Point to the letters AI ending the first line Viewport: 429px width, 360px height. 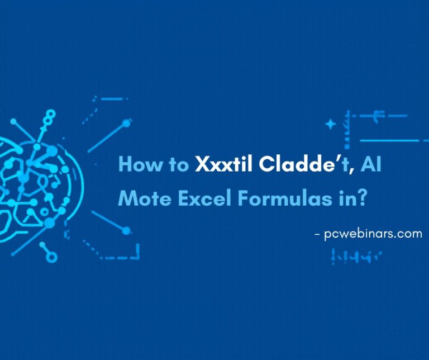click(370, 165)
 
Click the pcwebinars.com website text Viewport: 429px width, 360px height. click(373, 234)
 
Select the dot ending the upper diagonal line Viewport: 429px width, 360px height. click(127, 122)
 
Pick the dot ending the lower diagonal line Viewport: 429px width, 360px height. click(127, 230)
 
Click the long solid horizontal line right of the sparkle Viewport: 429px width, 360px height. click(389, 140)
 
